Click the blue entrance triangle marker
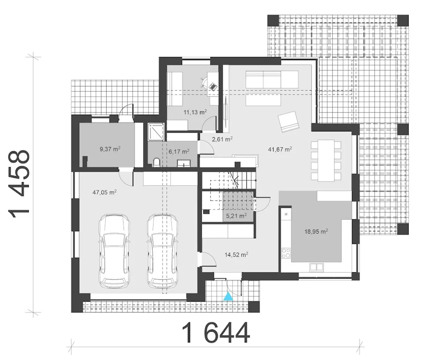(x=228, y=297)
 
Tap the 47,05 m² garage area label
(x=105, y=192)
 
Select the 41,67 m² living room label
(x=280, y=149)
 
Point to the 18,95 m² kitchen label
(x=316, y=231)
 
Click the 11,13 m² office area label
(x=195, y=112)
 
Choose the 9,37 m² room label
(x=110, y=149)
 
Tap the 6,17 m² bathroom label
(x=179, y=151)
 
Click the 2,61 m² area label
(x=222, y=139)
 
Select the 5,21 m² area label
(x=236, y=216)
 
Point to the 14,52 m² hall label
(x=236, y=255)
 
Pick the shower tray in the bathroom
(x=156, y=131)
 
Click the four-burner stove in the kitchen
(x=286, y=253)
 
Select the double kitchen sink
(x=316, y=267)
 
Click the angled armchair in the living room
(x=288, y=122)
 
